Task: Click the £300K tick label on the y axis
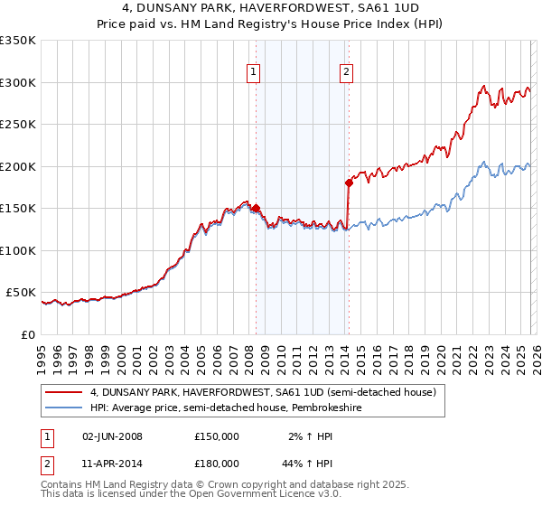point(18,82)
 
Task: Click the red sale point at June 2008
point(256,208)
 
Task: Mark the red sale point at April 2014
point(349,183)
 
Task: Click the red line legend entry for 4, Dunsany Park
point(263,392)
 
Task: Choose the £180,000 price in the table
point(217,463)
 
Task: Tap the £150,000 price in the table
point(217,436)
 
